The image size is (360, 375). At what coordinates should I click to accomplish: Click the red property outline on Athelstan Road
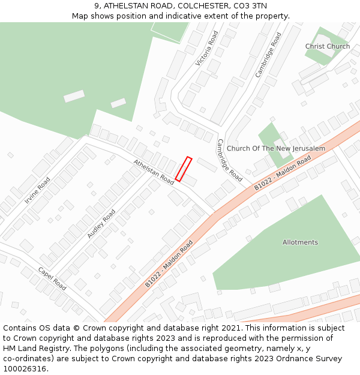(184, 169)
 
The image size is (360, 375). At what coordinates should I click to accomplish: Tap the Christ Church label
(327, 46)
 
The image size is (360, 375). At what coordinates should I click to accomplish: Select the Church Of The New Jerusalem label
(276, 148)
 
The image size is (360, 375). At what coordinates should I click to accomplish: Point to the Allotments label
(300, 242)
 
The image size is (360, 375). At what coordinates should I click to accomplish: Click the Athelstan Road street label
(154, 172)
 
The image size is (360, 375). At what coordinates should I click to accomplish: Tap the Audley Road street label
(101, 224)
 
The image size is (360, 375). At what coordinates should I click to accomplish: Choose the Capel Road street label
(52, 278)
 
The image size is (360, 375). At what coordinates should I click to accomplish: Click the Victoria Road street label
(207, 49)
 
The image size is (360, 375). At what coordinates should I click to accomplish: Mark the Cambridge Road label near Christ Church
(268, 55)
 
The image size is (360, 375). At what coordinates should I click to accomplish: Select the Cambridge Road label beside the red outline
(230, 160)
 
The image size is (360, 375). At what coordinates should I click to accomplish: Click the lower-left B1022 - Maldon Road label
(169, 263)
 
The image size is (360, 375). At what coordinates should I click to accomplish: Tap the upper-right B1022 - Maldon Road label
(282, 173)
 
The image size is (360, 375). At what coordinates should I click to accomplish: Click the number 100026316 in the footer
(25, 368)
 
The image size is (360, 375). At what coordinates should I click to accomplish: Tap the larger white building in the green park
(74, 96)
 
